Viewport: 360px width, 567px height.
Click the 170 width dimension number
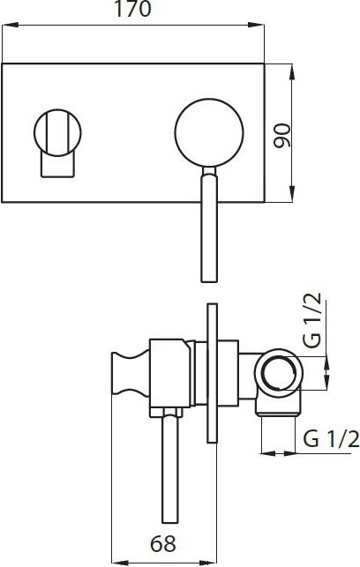point(132,9)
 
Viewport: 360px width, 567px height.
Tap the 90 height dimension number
point(282,136)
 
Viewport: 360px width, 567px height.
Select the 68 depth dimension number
point(163,543)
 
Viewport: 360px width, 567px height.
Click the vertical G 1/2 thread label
point(311,320)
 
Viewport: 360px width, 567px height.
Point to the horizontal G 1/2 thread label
point(331,438)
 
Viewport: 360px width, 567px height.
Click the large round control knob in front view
point(209,132)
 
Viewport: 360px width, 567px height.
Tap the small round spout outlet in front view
point(57,132)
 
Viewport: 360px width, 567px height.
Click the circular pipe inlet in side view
point(278,374)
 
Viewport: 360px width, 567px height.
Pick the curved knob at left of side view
point(131,373)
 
